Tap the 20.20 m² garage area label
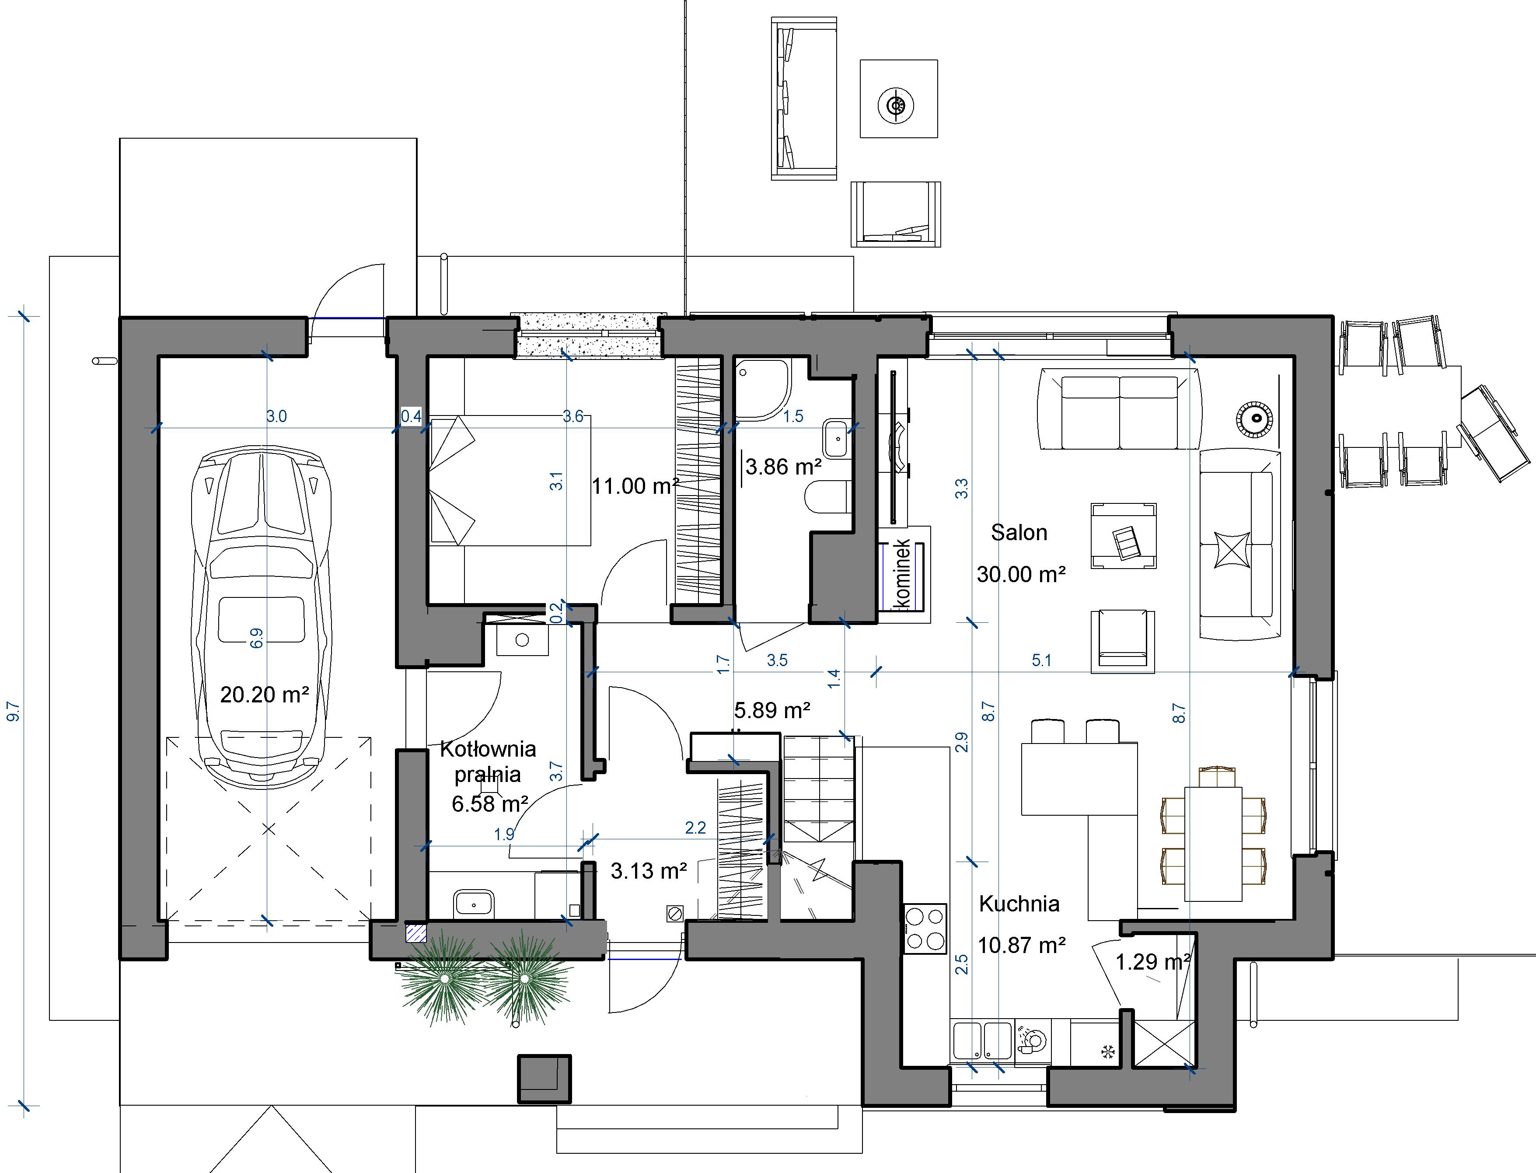click(265, 694)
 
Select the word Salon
click(1019, 533)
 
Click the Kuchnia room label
click(1019, 904)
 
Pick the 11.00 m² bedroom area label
click(635, 486)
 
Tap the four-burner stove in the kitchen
click(926, 929)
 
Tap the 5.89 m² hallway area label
click(772, 710)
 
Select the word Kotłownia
click(488, 749)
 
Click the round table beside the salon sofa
click(1255, 419)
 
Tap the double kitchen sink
click(981, 1042)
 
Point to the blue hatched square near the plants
click(416, 933)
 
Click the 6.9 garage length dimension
click(256, 638)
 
